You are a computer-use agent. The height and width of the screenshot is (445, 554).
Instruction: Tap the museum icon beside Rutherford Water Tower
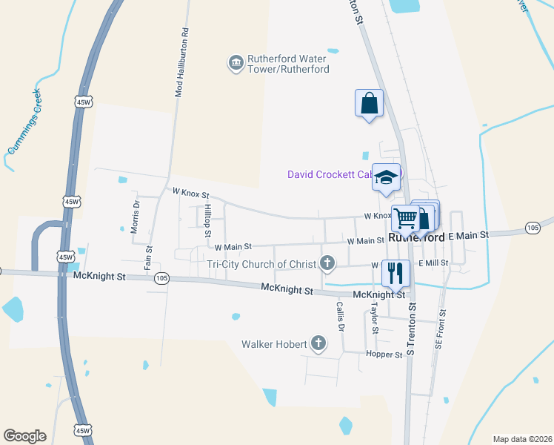(x=236, y=62)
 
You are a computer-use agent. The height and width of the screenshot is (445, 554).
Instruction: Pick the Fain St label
(x=148, y=257)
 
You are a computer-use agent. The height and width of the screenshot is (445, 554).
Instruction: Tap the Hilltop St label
(x=208, y=220)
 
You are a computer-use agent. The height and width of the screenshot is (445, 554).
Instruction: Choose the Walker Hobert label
(x=273, y=344)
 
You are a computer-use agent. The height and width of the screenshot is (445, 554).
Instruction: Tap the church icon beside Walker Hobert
(x=318, y=343)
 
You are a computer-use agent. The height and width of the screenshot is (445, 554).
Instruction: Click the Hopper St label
(x=384, y=355)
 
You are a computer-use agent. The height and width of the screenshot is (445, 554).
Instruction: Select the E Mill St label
(x=433, y=263)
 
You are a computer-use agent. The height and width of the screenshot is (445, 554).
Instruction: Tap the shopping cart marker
(x=405, y=218)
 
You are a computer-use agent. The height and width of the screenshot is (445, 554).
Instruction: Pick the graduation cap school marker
(x=386, y=177)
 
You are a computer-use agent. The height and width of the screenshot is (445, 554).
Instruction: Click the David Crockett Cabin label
(x=329, y=175)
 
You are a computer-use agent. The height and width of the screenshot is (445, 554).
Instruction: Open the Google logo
(x=25, y=436)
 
